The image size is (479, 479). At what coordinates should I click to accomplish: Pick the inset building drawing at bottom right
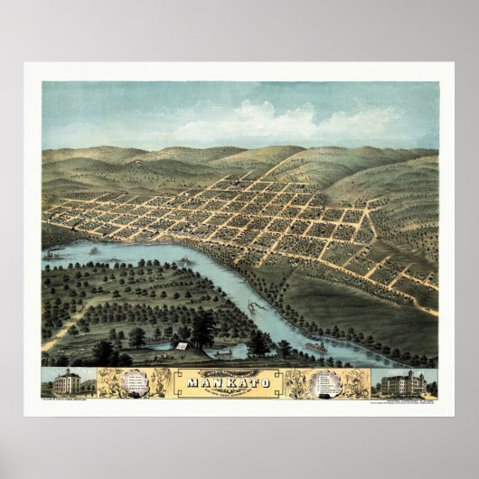(x=403, y=383)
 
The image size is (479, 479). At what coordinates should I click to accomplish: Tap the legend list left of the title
(x=136, y=381)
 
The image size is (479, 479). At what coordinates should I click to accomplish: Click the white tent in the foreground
(x=182, y=345)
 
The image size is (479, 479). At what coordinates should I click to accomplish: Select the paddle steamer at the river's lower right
(x=316, y=345)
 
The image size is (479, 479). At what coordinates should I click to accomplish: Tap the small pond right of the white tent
(x=226, y=350)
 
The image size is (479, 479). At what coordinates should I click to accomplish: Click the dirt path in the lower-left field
(x=63, y=334)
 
